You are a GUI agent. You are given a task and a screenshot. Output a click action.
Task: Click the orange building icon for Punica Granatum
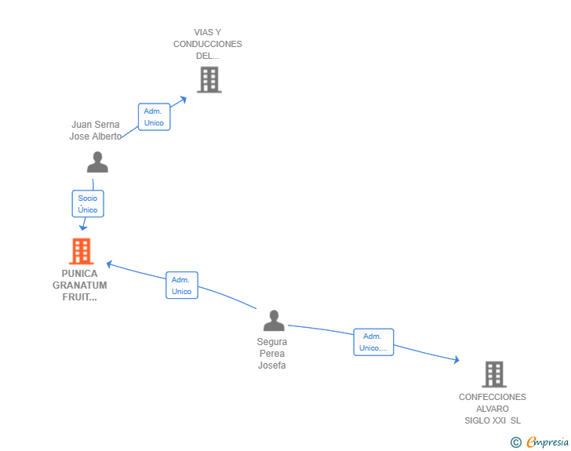tap(82, 251)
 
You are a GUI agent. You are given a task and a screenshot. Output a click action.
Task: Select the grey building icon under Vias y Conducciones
tap(209, 79)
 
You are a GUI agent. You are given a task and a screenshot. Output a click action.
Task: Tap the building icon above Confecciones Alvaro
tap(494, 374)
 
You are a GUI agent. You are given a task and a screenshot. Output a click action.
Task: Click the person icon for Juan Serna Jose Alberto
tap(97, 162)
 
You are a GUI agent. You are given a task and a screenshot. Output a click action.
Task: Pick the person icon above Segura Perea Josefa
tap(274, 321)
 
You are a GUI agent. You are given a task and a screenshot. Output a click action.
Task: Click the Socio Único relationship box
tap(88, 204)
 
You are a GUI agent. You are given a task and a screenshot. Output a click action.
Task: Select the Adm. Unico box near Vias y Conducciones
tap(154, 117)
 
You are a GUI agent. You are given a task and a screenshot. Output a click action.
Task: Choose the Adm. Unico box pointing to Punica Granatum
tap(182, 286)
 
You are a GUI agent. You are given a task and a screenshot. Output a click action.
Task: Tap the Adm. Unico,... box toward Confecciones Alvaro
tap(373, 342)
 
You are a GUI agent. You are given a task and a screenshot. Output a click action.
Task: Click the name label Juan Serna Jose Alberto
tap(96, 130)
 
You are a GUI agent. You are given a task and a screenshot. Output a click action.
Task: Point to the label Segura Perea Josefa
tap(272, 354)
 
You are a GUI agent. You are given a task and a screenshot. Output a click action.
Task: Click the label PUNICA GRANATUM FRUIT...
tap(80, 286)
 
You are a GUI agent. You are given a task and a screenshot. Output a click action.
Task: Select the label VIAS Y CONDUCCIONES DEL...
tap(208, 44)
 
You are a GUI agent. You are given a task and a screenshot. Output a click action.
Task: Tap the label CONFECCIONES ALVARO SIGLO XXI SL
tap(493, 409)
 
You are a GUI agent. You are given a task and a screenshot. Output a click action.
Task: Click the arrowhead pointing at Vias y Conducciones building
tap(184, 100)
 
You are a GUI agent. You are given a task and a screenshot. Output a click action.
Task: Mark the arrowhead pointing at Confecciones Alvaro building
tap(456, 360)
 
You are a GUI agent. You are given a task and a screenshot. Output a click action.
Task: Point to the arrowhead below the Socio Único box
tap(83, 227)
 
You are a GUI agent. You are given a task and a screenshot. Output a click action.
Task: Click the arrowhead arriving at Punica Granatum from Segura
tap(109, 264)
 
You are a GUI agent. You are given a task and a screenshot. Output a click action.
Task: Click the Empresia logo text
tap(547, 442)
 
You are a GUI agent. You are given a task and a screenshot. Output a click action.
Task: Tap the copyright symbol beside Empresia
tap(516, 442)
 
